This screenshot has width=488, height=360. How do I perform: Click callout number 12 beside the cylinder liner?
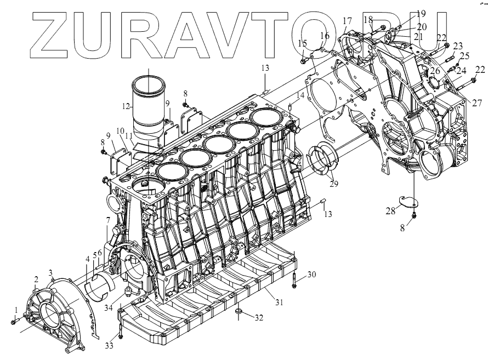tap(125, 106)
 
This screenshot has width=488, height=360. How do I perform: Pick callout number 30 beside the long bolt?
tap(311, 274)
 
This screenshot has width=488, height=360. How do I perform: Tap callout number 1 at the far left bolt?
tap(16, 310)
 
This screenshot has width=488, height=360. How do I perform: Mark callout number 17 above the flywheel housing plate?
tap(347, 21)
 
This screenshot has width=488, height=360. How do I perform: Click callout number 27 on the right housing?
tap(475, 102)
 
